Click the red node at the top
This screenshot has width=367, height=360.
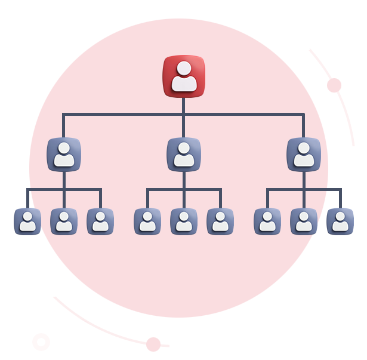[x=184, y=76]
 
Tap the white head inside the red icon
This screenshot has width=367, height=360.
[x=184, y=67]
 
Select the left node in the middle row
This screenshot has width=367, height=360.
[x=64, y=155]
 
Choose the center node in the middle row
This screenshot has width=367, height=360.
[x=184, y=155]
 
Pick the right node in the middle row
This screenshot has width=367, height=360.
[x=304, y=155]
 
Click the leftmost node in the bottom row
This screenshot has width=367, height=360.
[x=27, y=221]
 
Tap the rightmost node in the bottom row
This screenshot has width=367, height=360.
[x=340, y=221]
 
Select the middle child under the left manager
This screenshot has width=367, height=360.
[x=64, y=221]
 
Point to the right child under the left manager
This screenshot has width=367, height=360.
[x=100, y=221]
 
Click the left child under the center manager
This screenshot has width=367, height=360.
[x=147, y=221]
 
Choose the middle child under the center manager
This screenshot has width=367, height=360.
[x=184, y=221]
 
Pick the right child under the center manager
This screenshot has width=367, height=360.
[x=220, y=221]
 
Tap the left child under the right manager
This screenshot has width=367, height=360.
[x=267, y=221]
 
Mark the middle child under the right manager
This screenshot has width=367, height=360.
[x=304, y=221]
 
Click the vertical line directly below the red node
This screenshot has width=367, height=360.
[x=184, y=105]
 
